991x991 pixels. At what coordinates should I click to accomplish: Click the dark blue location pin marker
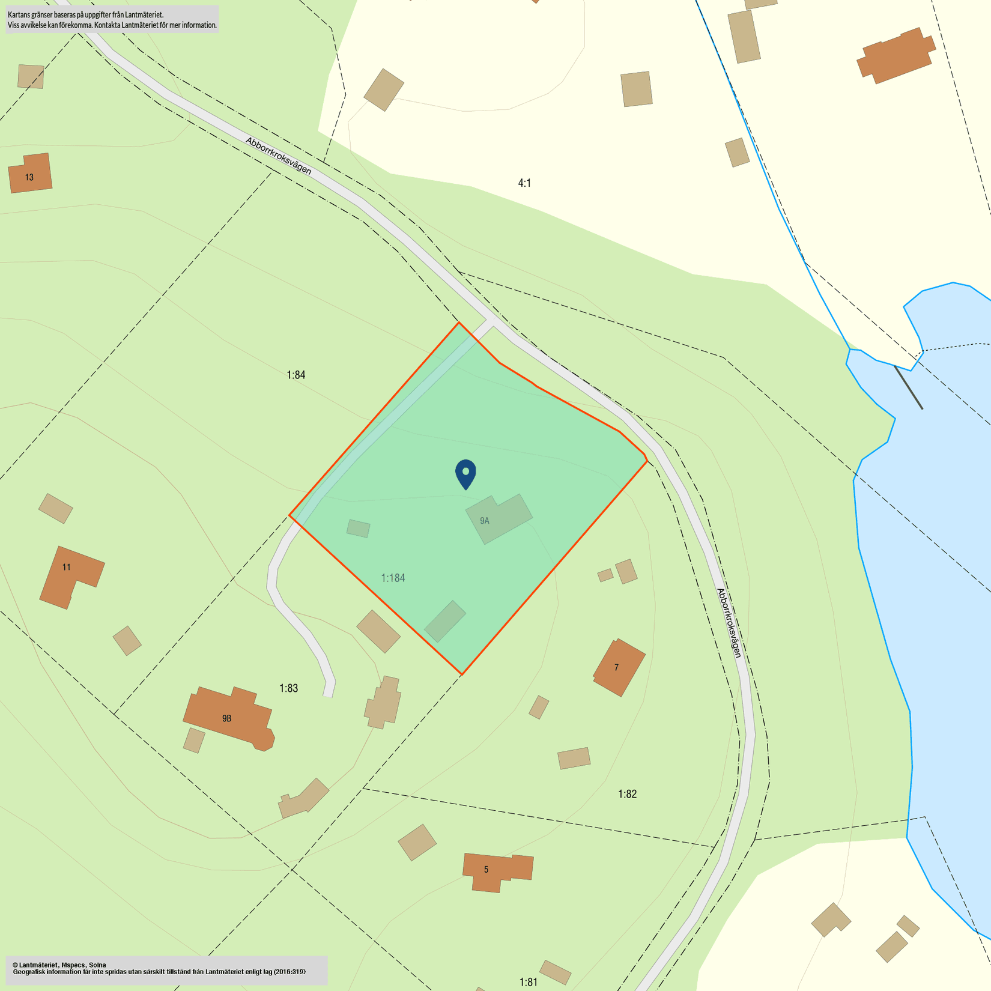tap(465, 473)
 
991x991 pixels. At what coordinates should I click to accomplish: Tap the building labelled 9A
tap(499, 519)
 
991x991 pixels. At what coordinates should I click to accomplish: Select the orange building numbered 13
tap(30, 174)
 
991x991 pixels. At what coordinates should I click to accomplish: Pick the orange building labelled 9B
tap(228, 718)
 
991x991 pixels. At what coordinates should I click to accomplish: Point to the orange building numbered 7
tap(619, 667)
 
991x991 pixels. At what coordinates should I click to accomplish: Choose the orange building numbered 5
tap(496, 871)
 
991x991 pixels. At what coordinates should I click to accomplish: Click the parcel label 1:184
tap(393, 578)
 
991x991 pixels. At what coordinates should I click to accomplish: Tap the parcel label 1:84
tap(295, 375)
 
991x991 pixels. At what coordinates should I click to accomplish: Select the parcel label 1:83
tap(288, 688)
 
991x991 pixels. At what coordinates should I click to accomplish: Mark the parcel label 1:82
tap(627, 794)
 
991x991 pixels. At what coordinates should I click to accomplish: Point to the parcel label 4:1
tap(524, 183)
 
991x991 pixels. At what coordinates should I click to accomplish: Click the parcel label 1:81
tap(529, 982)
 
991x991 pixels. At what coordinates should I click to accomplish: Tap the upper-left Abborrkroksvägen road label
tap(279, 156)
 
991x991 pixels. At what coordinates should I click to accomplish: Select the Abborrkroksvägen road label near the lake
tap(730, 622)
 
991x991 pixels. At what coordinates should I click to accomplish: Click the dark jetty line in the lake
tap(908, 387)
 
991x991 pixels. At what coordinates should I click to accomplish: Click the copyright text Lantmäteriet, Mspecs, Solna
tap(59, 965)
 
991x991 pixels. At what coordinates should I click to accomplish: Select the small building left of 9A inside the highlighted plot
tap(359, 529)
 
